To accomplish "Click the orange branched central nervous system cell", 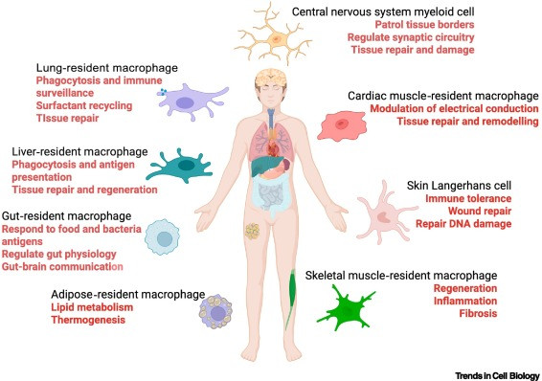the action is [x=276, y=39].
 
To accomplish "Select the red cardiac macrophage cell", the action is [x=342, y=125].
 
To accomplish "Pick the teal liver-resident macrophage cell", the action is [x=183, y=166].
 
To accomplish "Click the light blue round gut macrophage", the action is [x=163, y=237].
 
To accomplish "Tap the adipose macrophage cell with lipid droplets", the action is [x=215, y=311].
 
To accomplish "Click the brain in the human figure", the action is [x=271, y=78].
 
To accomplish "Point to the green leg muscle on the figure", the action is [x=291, y=297].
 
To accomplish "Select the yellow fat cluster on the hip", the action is [x=253, y=231].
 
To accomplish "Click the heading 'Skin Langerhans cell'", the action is [x=459, y=186].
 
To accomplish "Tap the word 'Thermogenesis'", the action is [x=88, y=320].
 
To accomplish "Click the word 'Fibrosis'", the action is [x=478, y=313].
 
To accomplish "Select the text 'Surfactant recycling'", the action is [x=84, y=105].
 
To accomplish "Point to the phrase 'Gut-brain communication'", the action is [x=62, y=267].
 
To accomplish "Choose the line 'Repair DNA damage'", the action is [x=463, y=224].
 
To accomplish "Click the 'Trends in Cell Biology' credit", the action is [x=497, y=376].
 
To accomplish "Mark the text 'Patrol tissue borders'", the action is [x=424, y=25].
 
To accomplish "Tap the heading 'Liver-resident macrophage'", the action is [x=79, y=151].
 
